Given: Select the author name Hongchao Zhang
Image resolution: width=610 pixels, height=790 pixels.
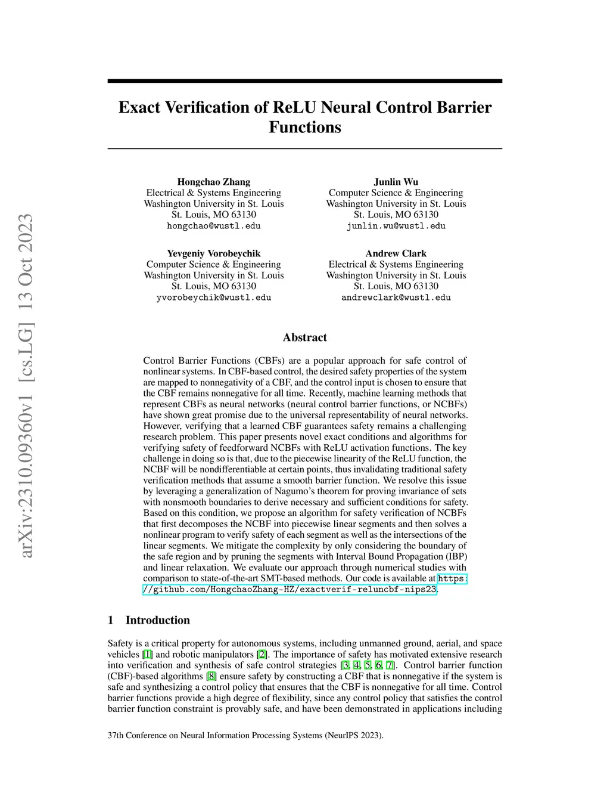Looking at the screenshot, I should (214, 182).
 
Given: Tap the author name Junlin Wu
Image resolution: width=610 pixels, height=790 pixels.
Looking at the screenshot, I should (396, 182).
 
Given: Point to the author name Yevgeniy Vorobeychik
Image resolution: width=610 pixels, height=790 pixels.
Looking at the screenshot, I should (214, 253).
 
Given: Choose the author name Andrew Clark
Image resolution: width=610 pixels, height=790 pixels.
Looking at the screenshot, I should (396, 253).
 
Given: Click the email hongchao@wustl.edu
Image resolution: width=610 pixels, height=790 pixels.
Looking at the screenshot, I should (214, 226).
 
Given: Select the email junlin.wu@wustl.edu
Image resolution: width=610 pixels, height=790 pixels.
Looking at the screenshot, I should (396, 226).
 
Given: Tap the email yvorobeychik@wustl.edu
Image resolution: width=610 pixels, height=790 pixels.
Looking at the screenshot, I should (214, 298).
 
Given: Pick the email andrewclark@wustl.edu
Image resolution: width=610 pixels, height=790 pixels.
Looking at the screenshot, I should (396, 298).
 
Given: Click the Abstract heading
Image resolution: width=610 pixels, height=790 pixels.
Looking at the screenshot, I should (305, 337).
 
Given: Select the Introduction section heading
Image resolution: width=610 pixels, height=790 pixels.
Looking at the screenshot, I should (157, 620).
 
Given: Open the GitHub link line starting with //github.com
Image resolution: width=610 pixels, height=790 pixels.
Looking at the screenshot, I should (290, 590).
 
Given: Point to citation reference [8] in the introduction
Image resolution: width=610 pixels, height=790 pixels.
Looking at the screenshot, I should (211, 676).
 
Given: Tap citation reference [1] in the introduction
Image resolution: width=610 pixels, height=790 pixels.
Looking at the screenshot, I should (148, 654).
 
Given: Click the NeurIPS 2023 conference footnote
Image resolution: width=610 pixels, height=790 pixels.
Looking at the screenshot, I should (245, 735).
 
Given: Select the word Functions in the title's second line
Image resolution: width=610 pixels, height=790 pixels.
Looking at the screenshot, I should (305, 128).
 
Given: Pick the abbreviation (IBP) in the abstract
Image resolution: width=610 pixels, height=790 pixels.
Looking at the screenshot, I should (455, 557).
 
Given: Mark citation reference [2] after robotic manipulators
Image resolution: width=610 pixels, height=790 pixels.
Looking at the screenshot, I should (262, 654).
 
